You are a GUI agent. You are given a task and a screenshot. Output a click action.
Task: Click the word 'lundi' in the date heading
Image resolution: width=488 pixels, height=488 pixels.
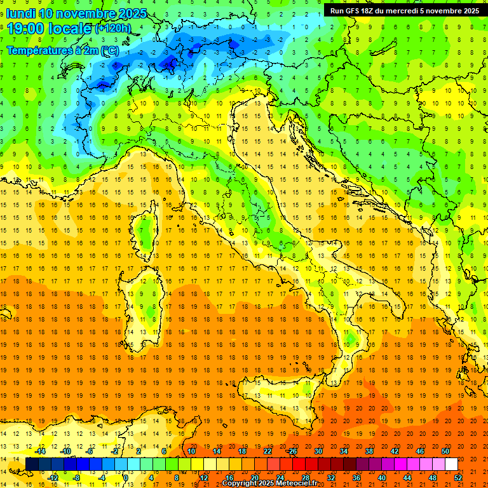(x=20, y=13)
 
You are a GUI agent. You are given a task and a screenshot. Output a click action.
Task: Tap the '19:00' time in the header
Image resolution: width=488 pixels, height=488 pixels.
(x=23, y=29)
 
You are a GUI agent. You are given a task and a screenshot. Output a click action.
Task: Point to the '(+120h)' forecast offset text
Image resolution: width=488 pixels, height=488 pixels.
(x=113, y=29)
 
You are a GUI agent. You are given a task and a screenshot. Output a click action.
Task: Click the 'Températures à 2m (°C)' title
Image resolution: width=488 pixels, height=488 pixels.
(x=62, y=50)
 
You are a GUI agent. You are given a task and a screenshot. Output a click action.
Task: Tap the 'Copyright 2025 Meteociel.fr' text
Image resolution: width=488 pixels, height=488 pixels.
(x=269, y=484)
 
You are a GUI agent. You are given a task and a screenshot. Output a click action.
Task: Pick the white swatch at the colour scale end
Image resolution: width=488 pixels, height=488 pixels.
(x=451, y=464)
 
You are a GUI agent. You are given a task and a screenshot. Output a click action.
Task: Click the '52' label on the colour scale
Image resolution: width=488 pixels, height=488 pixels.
(x=458, y=478)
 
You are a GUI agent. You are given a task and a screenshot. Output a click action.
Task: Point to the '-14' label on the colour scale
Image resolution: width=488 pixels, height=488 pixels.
(x=41, y=451)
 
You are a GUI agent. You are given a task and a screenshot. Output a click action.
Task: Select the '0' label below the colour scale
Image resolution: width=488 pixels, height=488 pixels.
(x=126, y=478)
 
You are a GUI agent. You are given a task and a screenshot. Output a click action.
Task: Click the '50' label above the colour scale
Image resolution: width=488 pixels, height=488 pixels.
(x=445, y=451)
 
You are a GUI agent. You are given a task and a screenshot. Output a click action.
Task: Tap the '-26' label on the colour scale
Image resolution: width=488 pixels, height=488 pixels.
(x=292, y=451)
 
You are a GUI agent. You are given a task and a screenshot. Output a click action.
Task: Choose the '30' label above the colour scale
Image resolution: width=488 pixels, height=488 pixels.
(x=318, y=451)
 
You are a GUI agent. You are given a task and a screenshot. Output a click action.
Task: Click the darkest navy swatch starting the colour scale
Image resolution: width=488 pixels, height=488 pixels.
(x=32, y=464)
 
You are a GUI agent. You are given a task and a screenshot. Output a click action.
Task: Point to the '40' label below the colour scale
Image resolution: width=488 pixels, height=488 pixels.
(x=382, y=478)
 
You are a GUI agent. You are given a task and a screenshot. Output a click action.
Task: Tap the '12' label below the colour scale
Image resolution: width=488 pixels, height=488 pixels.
(x=203, y=478)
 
